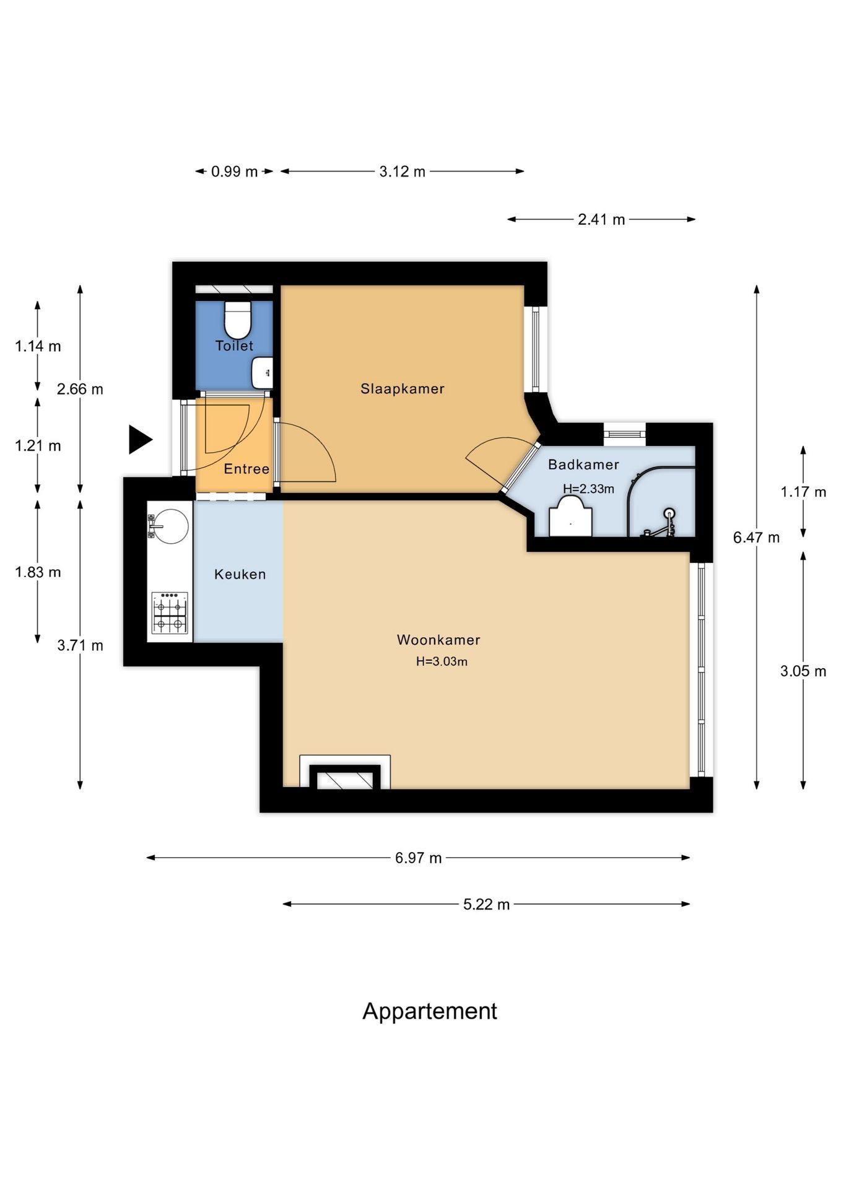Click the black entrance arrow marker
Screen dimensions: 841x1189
click(140, 440)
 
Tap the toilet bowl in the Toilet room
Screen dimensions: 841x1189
click(237, 319)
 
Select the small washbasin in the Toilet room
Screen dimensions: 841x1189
click(262, 373)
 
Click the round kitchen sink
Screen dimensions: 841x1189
click(169, 526)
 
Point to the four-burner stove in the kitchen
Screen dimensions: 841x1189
click(170, 613)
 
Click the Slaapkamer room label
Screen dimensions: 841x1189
click(403, 389)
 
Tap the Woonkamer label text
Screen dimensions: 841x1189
click(438, 640)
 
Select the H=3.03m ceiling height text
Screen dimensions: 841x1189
click(442, 661)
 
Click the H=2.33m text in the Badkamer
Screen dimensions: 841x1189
click(588, 489)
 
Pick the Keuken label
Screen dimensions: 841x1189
click(240, 574)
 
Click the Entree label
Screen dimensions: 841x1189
click(246, 469)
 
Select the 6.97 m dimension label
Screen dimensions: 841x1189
click(419, 858)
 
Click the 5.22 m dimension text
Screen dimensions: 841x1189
click(486, 904)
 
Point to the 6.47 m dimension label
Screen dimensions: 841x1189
click(756, 538)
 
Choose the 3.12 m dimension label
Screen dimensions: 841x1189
click(403, 172)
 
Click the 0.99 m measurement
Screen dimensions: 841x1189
click(234, 172)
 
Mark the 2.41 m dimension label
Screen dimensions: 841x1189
click(601, 219)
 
